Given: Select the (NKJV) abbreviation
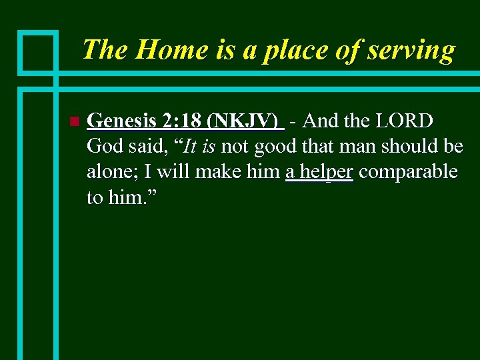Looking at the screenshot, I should pos(243,122).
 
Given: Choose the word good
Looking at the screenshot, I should pos(275,147).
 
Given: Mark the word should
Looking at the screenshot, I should pos(413,147).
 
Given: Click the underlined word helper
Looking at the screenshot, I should pos(325,172).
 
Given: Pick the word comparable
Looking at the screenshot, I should pos(408,172).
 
